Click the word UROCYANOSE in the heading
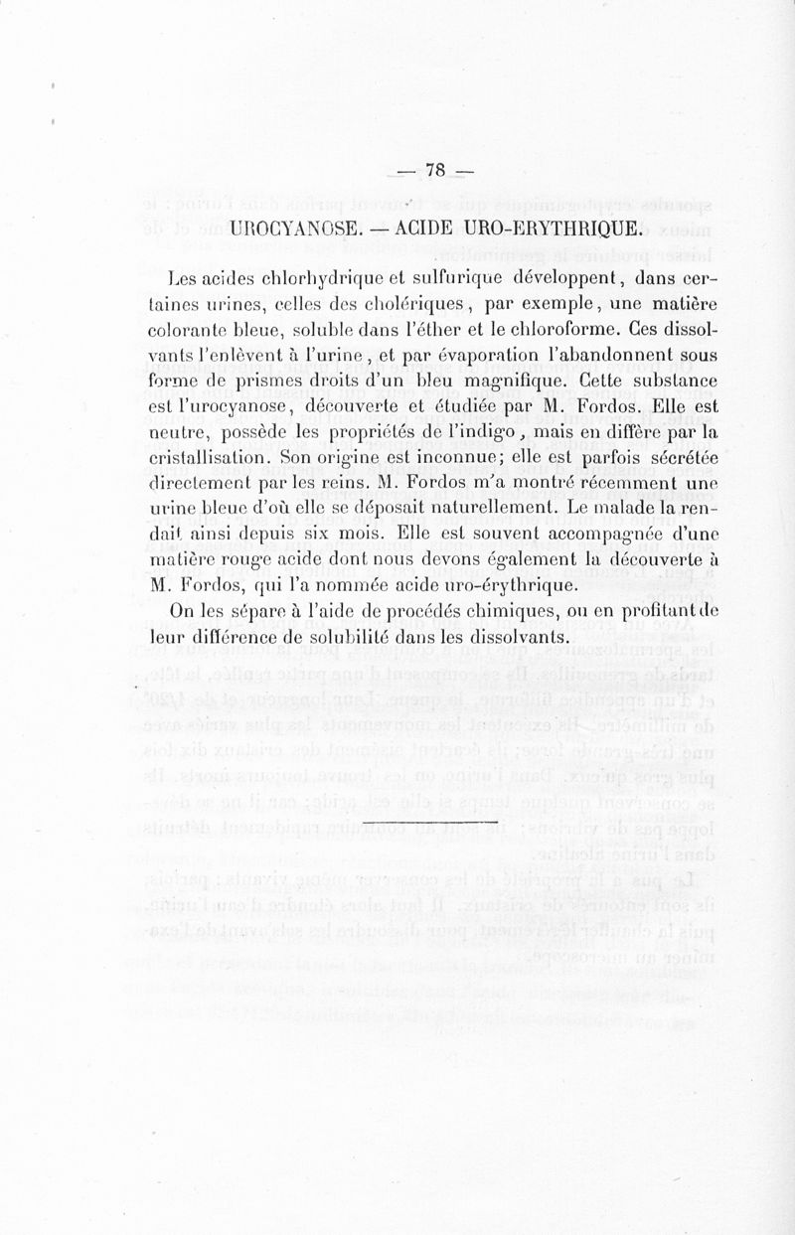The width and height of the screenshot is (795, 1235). point(299,229)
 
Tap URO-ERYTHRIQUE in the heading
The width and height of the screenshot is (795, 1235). point(542,229)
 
